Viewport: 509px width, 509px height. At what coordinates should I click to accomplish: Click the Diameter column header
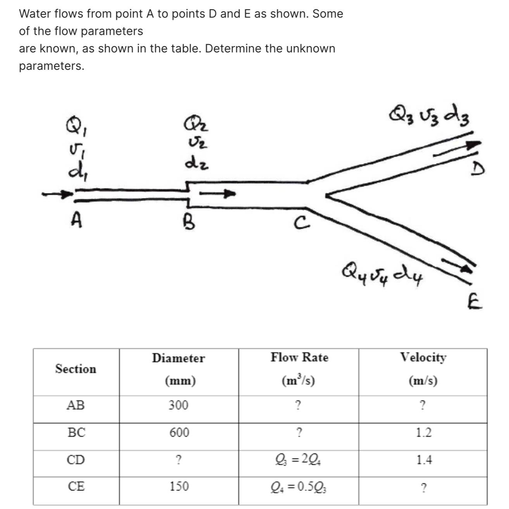point(178,358)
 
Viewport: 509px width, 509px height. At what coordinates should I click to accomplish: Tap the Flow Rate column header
point(299,357)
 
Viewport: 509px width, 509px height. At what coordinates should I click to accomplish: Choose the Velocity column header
point(423,357)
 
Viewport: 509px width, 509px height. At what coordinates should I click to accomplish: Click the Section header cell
point(76,369)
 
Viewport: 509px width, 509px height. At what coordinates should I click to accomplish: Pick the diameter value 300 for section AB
point(178,405)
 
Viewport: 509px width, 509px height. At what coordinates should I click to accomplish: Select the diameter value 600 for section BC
point(179,433)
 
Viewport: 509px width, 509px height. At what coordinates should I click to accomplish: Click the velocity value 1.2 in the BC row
point(423,433)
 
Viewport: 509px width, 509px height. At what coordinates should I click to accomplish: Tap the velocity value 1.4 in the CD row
point(424,460)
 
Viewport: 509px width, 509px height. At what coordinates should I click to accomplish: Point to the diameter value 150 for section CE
point(179,486)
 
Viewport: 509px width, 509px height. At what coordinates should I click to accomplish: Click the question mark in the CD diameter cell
point(178,460)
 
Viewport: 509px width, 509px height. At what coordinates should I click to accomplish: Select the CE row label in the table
point(76,486)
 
